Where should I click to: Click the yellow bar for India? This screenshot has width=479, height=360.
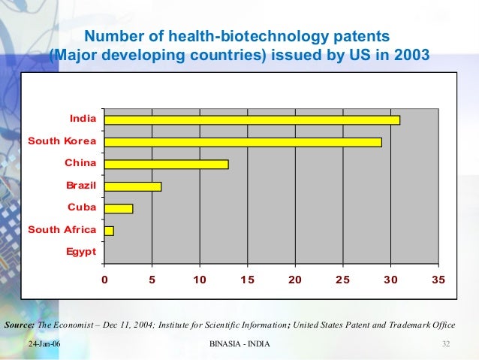click(252, 119)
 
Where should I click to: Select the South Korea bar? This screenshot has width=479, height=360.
click(243, 142)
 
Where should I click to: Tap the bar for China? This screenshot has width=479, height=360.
click(166, 164)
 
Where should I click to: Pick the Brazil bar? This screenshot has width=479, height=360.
click(133, 186)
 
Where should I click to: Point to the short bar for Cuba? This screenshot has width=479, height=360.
click(119, 208)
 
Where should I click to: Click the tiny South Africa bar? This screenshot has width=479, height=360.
click(110, 231)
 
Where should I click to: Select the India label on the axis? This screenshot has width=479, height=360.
click(83, 118)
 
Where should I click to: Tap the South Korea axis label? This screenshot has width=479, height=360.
click(62, 141)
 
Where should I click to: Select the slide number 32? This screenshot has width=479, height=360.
click(445, 343)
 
